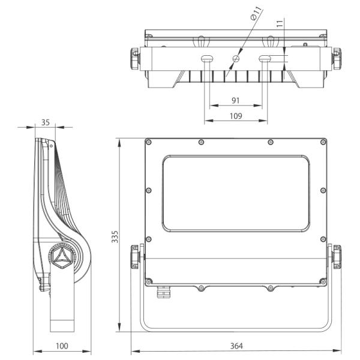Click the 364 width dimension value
pyautogui.click(x=236, y=346)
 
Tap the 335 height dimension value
pyautogui.click(x=115, y=237)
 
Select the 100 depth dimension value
pyautogui.click(x=62, y=346)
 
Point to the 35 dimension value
pyautogui.click(x=46, y=122)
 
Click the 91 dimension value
pyautogui.click(x=236, y=100)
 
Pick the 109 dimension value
pyautogui.click(x=236, y=116)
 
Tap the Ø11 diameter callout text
pyautogui.click(x=256, y=13)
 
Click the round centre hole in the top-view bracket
pyautogui.click(x=236, y=59)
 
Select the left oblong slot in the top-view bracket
pyautogui.click(x=208, y=59)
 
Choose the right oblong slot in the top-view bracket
pyautogui.click(x=265, y=59)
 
